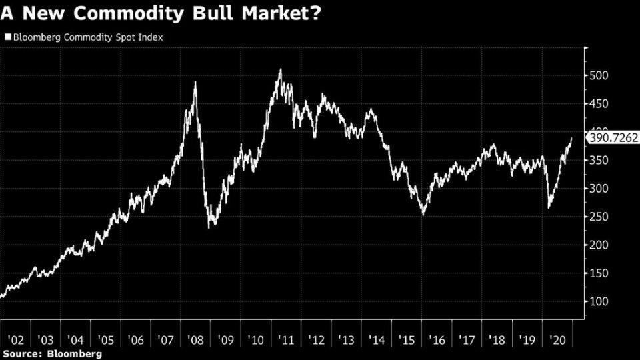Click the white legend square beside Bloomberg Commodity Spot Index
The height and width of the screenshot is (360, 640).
[x=7, y=38]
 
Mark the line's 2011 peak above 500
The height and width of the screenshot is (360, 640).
[x=280, y=69]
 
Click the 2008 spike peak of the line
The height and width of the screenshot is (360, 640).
[x=195, y=82]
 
